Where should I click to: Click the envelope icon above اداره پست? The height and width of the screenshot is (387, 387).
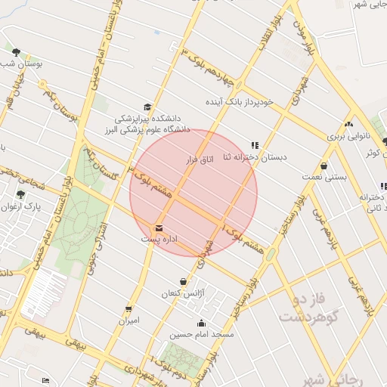click(159, 228)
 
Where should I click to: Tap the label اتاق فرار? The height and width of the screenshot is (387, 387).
click(200, 159)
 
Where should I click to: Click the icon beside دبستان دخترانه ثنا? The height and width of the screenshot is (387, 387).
click(255, 144)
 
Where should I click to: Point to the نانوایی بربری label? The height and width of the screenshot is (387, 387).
click(348, 138)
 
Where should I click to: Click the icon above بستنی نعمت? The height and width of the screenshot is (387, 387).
click(324, 166)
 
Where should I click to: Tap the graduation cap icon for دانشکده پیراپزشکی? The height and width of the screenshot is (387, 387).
click(147, 107)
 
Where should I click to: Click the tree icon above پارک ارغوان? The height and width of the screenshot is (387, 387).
click(20, 194)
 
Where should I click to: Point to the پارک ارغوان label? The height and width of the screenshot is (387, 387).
click(20, 206)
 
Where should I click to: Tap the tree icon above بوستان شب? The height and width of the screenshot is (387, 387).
click(16, 52)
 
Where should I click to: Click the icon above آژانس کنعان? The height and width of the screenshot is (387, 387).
click(182, 281)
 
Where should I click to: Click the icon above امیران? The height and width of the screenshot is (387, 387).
click(128, 309)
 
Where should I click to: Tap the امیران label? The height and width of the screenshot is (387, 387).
click(128, 320)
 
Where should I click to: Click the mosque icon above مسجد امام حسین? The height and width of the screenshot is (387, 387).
click(201, 323)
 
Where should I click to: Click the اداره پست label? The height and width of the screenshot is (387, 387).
click(159, 239)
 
